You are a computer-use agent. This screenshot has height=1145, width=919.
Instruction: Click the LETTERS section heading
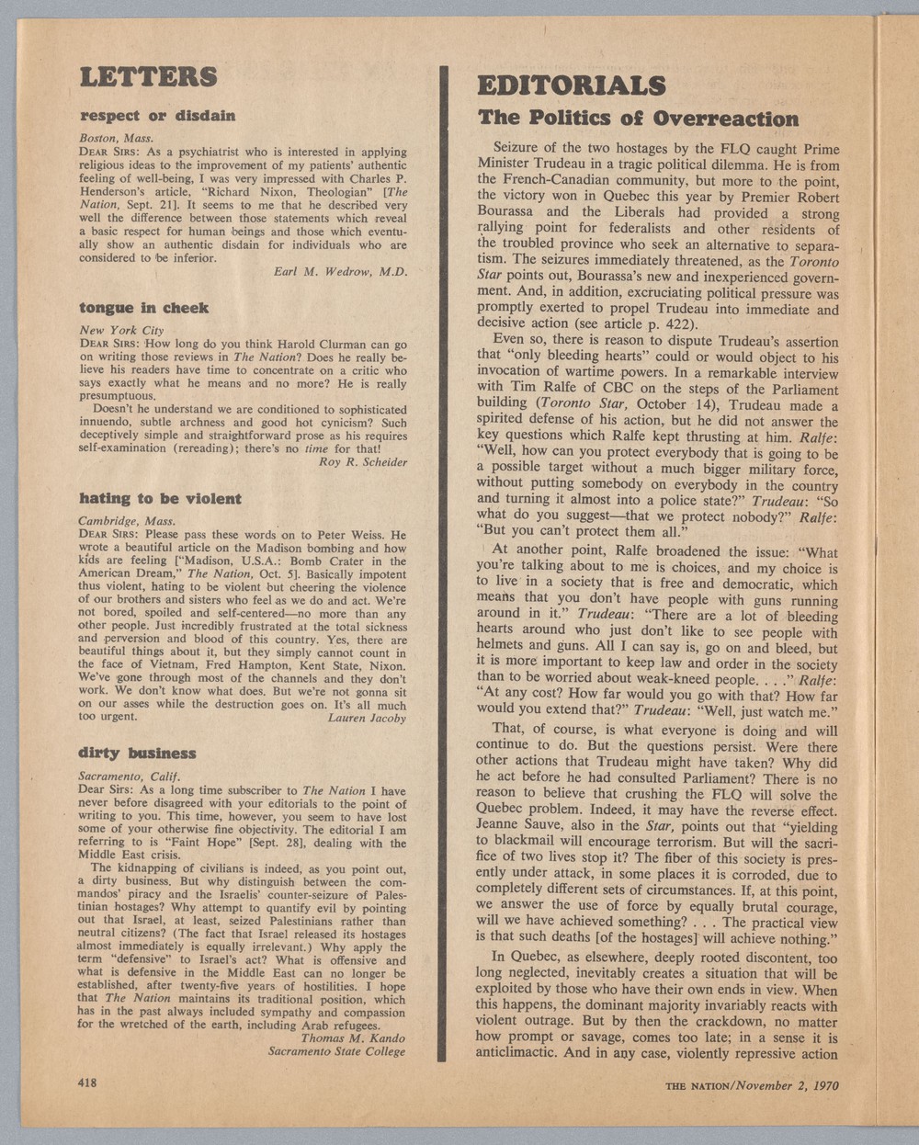pos(148,76)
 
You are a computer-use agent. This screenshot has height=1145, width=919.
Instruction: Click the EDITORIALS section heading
pos(571,86)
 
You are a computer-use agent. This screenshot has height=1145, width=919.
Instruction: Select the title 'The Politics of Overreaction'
pos(639,119)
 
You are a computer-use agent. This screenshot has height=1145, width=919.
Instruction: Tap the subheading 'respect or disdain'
pos(157,116)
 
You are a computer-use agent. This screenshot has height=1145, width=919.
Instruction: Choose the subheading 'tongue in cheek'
pos(143,308)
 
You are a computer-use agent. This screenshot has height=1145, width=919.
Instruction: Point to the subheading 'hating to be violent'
pos(160,499)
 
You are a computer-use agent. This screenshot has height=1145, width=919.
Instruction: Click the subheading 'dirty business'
pos(137,753)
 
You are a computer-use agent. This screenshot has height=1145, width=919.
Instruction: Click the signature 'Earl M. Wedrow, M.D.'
pos(340,271)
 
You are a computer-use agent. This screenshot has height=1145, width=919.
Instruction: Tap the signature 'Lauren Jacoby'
pos(367,718)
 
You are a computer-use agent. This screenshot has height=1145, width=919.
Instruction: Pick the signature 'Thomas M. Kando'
pos(353,1038)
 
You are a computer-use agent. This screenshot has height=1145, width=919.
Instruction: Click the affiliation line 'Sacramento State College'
pos(336,1051)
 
